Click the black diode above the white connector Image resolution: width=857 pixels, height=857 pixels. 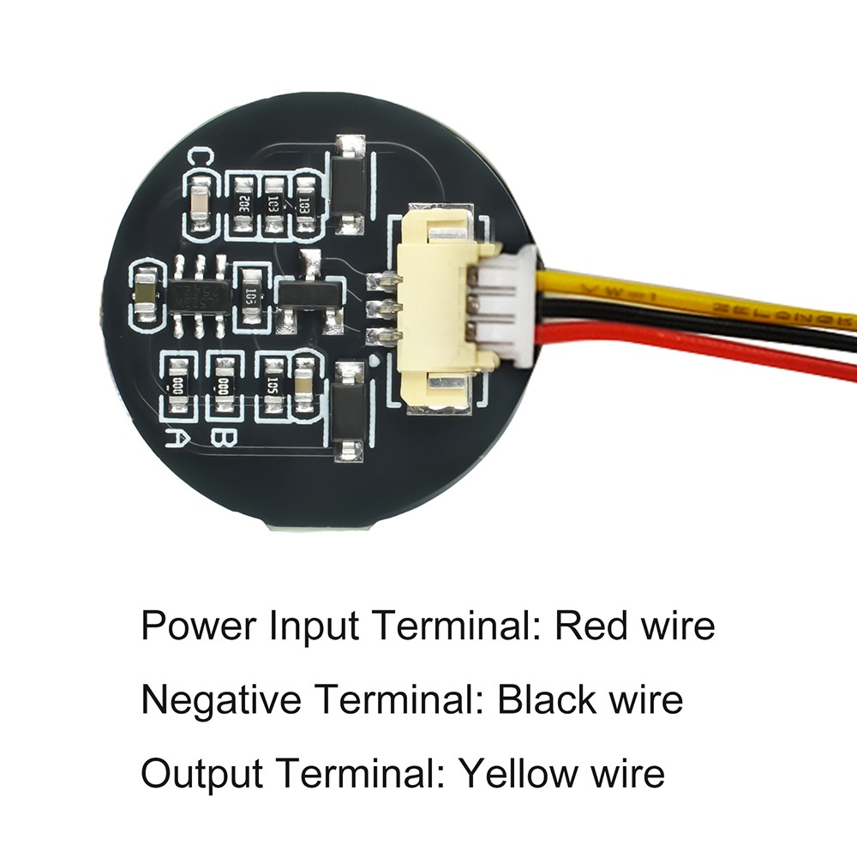coord(349,184)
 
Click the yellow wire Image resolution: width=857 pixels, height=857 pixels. coord(686,296)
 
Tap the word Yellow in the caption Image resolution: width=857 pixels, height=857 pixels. coord(516,773)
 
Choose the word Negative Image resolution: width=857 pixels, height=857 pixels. coord(221,699)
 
